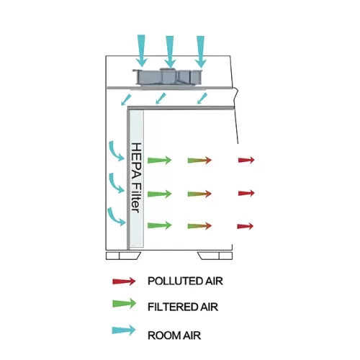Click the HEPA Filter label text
136,178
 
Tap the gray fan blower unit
168,77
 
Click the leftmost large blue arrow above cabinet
141,50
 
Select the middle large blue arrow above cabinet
170,52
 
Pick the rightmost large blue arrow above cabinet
200,52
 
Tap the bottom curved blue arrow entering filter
116,217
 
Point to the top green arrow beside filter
159,160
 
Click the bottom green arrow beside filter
159,225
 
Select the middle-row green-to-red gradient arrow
199,194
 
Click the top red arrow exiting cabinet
246,160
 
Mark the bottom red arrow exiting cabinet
246,226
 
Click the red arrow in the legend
124,281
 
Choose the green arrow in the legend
124,304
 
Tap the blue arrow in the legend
124,330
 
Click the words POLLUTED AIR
185,281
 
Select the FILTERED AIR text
183,307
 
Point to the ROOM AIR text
174,336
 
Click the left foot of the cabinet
123,256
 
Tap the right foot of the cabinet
215,256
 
